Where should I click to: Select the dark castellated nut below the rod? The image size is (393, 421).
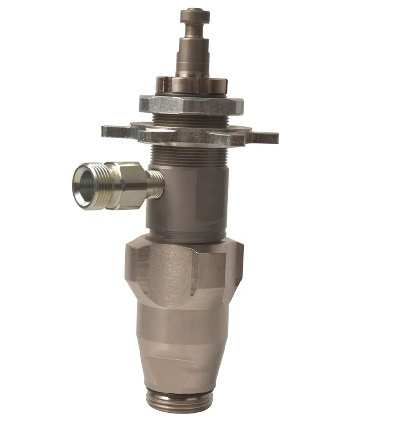tap(192, 84)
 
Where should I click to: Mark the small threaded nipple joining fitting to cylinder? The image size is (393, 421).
tap(156, 184)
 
